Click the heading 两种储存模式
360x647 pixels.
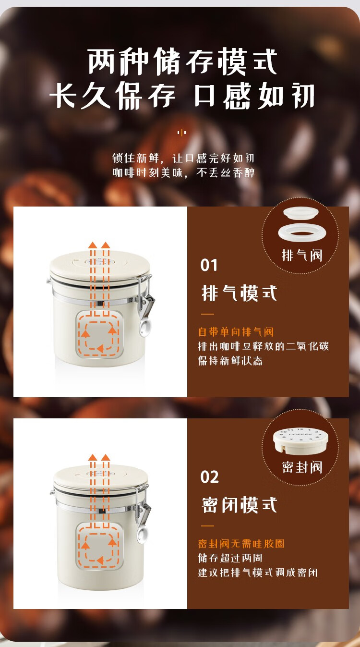click(182, 62)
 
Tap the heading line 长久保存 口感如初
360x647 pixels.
click(182, 95)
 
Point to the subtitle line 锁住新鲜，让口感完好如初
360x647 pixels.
click(183, 158)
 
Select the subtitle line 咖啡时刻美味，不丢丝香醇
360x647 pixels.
click(183, 173)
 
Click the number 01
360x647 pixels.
click(209, 265)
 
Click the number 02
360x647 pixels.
click(209, 477)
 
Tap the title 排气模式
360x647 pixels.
click(240, 293)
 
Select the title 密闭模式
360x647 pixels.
click(240, 505)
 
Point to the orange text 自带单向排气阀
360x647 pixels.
click(236, 332)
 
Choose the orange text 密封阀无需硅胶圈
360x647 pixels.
click(241, 544)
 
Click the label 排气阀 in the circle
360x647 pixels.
click(302, 256)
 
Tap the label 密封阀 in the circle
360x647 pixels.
click(302, 467)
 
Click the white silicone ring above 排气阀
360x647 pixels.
click(300, 232)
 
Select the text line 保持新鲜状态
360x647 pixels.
click(230, 361)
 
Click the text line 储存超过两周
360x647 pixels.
click(230, 558)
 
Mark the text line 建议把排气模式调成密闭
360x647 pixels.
click(258, 573)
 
